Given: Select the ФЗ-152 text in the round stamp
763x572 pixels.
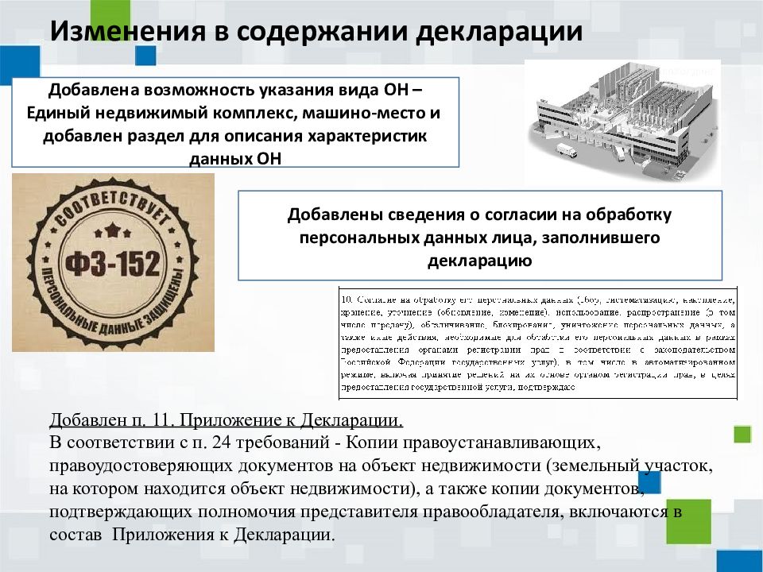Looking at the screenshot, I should pyautogui.click(x=113, y=262).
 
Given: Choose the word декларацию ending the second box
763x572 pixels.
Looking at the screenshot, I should pyautogui.click(x=480, y=260).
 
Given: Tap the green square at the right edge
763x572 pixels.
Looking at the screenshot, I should pyautogui.click(x=742, y=434).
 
